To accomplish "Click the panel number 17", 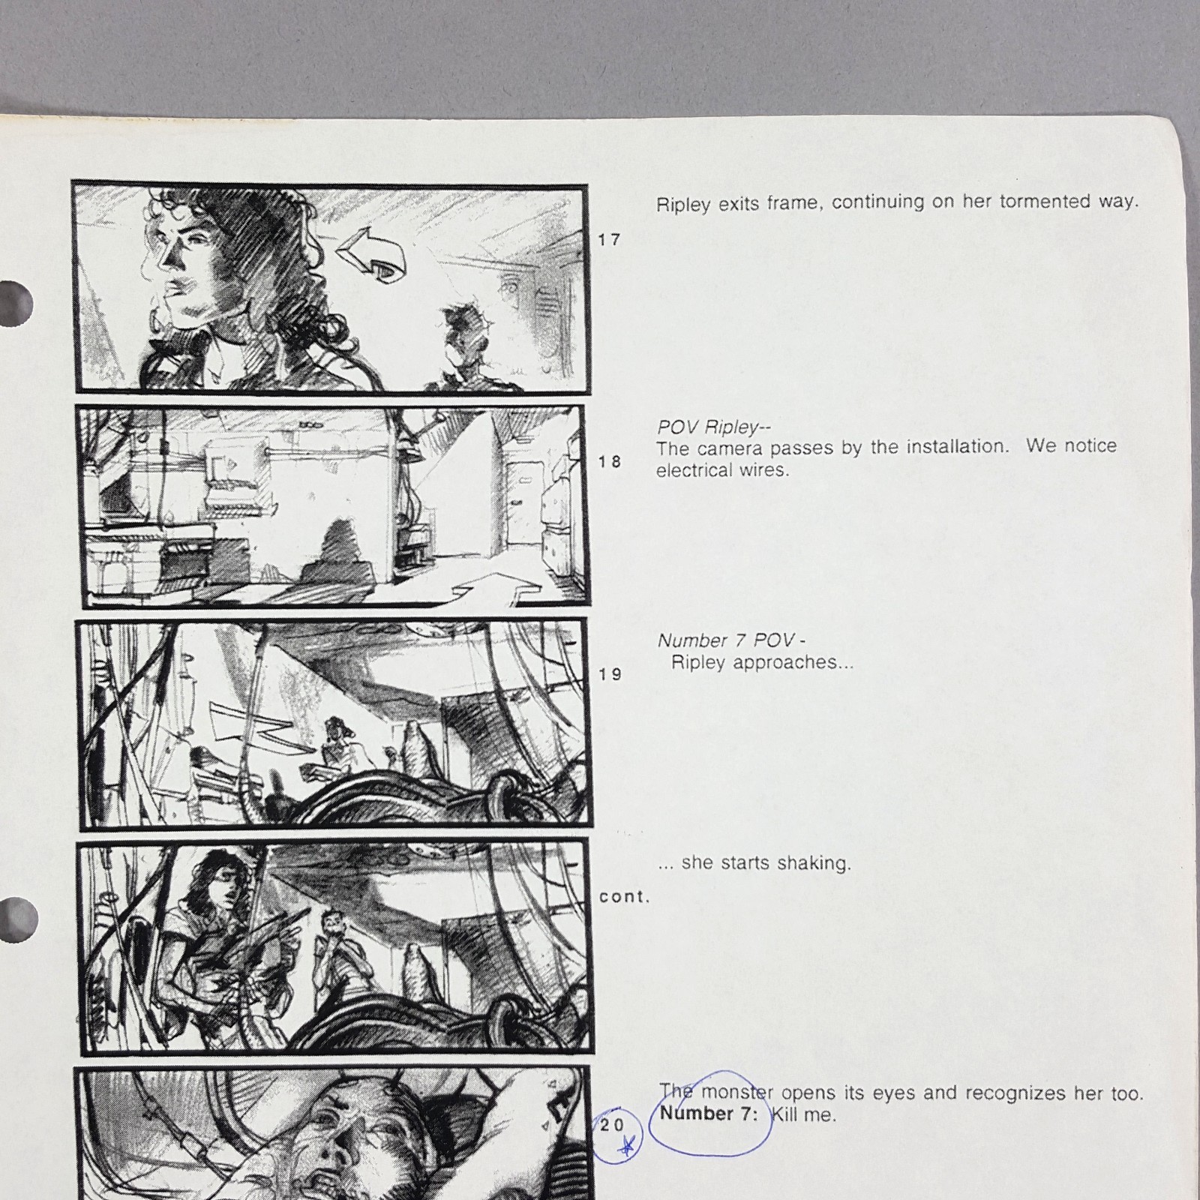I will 609,240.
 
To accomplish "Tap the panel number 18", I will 610,462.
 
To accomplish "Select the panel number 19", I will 610,674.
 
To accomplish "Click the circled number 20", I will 613,1125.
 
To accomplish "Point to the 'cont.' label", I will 624,897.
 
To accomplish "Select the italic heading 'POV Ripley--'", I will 713,427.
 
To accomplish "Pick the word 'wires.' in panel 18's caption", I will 764,471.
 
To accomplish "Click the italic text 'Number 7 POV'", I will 726,640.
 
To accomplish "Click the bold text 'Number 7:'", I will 709,1114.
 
